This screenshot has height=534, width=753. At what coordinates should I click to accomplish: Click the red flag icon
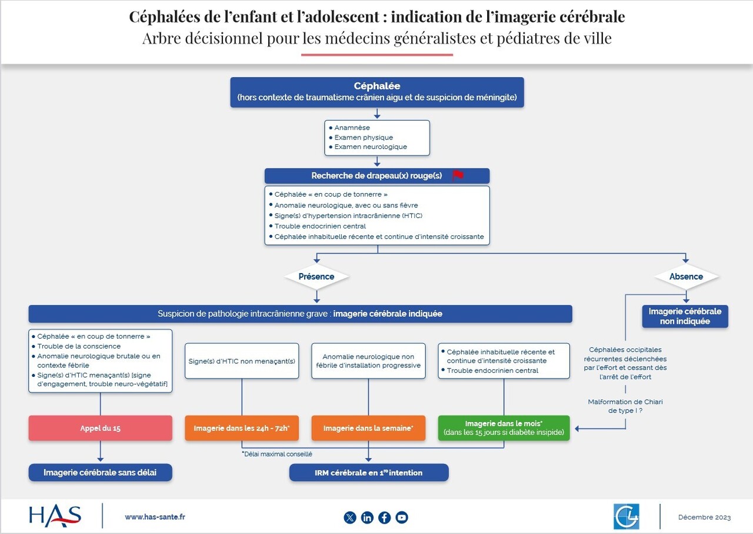458,175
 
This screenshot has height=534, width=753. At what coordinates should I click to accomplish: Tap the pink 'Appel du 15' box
101,428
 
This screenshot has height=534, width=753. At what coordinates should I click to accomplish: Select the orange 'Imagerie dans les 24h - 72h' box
242,428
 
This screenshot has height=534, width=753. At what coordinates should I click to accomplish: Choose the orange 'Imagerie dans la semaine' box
368,428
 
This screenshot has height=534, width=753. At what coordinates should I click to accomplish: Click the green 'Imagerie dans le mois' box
504,428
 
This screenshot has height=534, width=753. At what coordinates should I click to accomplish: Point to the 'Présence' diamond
316,277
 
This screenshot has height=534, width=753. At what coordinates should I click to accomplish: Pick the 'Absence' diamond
686,277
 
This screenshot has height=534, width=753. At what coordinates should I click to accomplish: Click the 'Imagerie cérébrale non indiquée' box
685,316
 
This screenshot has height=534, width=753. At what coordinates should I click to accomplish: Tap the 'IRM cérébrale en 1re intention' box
369,472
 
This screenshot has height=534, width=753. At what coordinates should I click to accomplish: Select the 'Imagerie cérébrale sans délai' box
101,472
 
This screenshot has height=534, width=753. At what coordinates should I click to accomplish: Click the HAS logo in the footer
55,516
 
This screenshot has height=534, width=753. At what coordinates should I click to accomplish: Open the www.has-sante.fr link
155,517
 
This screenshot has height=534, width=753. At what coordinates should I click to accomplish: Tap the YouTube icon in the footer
402,518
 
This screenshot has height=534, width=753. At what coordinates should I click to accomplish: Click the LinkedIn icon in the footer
367,518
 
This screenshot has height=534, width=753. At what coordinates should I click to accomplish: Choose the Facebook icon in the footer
385,518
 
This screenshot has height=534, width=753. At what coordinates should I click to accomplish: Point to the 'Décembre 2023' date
704,518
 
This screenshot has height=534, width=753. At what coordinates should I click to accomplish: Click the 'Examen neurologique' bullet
371,147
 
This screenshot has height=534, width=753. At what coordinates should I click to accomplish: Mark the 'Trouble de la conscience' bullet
79,346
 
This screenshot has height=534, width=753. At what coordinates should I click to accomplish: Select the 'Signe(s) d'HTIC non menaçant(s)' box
242,361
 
